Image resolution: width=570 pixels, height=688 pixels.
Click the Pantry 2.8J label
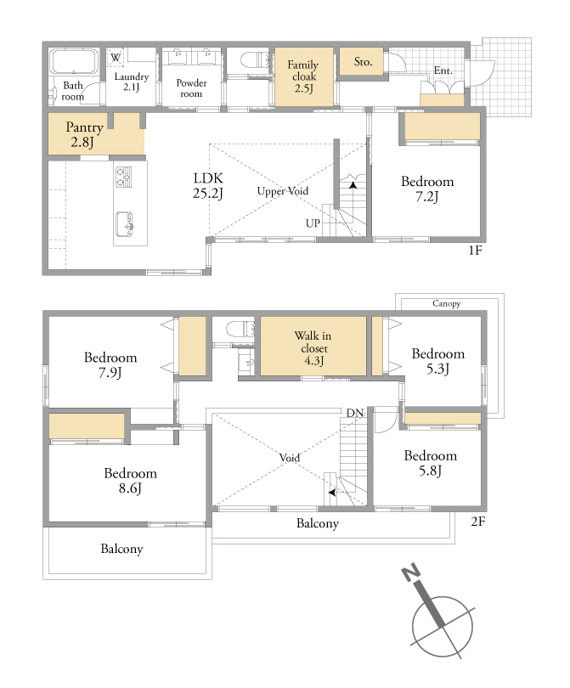pyautogui.click(x=84, y=134)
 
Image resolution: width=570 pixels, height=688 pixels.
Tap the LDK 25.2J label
pyautogui.click(x=208, y=185)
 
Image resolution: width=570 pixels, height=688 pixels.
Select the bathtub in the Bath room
pyautogui.click(x=74, y=61)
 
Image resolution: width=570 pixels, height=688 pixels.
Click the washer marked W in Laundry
pyautogui.click(x=116, y=58)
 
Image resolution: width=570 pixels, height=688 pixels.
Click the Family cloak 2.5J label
pyautogui.click(x=303, y=76)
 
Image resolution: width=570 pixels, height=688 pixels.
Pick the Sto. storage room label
pyautogui.click(x=363, y=62)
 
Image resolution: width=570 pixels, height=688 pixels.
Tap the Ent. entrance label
pyautogui.click(x=443, y=70)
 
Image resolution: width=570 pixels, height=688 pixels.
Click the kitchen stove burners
pyautogui.click(x=124, y=177)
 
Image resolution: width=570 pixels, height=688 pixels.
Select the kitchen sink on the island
pyautogui.click(x=125, y=224)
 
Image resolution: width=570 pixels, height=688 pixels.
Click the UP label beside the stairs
pyautogui.click(x=313, y=223)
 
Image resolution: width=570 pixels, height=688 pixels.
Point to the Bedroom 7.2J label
pyautogui.click(x=427, y=189)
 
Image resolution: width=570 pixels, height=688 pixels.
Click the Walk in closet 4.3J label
pyautogui.click(x=313, y=348)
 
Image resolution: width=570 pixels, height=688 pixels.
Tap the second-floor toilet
pyautogui.click(x=240, y=329)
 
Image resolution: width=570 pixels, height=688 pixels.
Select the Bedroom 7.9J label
pyautogui.click(x=110, y=364)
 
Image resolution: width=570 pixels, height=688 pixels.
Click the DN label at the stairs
pyautogui.click(x=355, y=413)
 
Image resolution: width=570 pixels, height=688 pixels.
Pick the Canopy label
pyautogui.click(x=446, y=303)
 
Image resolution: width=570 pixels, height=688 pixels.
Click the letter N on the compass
pyautogui.click(x=411, y=573)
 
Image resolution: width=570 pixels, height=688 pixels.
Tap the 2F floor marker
pyautogui.click(x=478, y=522)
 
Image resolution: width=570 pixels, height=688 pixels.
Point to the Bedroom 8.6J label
pyautogui.click(x=130, y=481)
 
